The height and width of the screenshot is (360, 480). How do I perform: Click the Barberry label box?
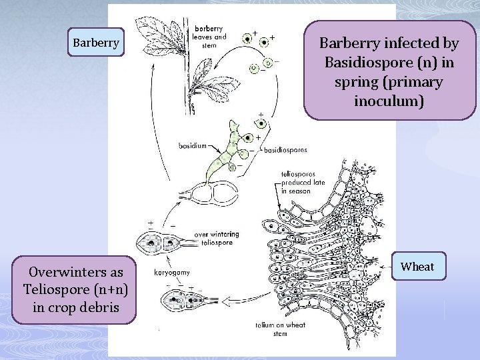[96, 43]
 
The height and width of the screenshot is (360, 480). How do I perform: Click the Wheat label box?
[417, 267]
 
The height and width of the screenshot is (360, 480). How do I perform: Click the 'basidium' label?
[193, 144]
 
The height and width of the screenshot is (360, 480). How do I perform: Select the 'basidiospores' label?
[286, 151]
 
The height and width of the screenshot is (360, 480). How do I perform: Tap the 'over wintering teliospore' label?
[217, 239]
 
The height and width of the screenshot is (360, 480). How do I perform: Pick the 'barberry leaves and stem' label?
[210, 37]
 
